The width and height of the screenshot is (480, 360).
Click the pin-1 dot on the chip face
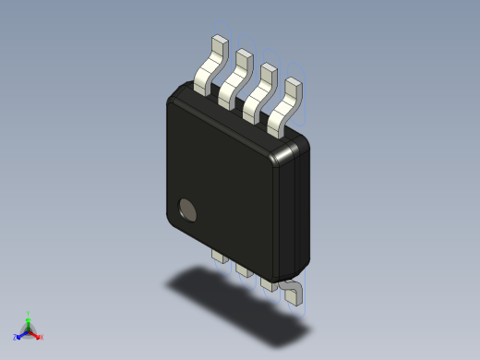(187, 210)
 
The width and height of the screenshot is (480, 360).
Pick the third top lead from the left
(259, 89)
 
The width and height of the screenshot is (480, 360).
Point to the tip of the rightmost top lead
(294, 83)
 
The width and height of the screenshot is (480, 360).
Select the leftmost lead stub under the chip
(220, 254)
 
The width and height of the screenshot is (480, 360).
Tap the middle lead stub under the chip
(244, 269)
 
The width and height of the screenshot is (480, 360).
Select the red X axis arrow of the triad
(36, 334)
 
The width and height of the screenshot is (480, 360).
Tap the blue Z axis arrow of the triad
(21, 334)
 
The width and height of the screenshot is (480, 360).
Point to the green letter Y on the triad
(29, 313)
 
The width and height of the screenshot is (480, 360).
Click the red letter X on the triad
(42, 338)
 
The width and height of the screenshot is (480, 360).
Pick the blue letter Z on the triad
(16, 338)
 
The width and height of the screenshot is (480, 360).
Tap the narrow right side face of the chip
(297, 212)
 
